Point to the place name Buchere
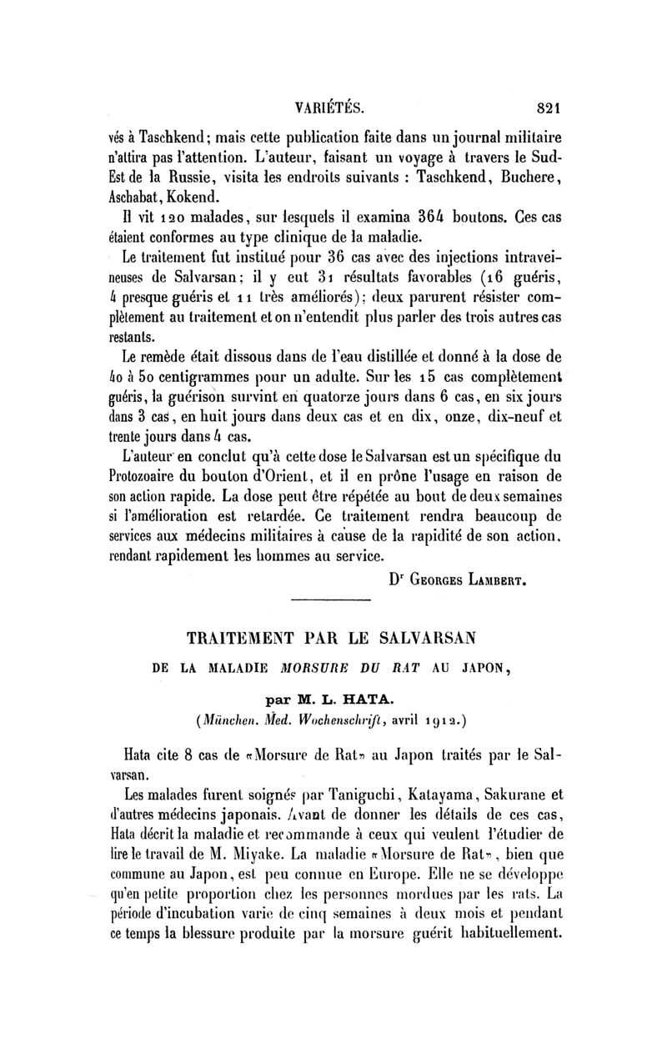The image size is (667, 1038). click(529, 178)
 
